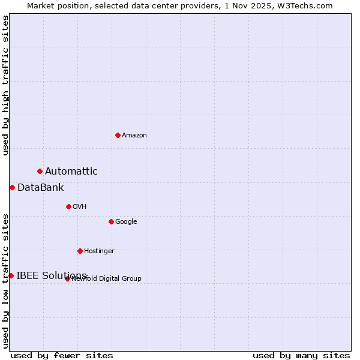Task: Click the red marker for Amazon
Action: (x=118, y=135)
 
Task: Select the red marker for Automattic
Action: (x=40, y=171)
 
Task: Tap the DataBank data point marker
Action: (x=12, y=187)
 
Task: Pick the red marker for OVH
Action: (x=68, y=206)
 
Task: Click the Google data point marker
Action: (x=111, y=221)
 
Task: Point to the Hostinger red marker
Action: (x=80, y=251)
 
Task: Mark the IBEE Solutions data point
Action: (x=11, y=275)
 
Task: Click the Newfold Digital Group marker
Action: (x=67, y=278)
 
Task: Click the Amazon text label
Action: (x=134, y=136)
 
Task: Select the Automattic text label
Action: (x=71, y=172)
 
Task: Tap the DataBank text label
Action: (x=40, y=188)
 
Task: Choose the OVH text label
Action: (x=80, y=207)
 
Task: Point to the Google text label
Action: (x=126, y=222)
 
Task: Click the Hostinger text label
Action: (x=99, y=251)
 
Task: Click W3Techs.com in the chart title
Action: (x=308, y=6)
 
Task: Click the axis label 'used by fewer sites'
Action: (x=62, y=355)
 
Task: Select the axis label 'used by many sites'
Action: (x=301, y=355)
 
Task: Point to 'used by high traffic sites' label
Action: (x=6, y=85)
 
